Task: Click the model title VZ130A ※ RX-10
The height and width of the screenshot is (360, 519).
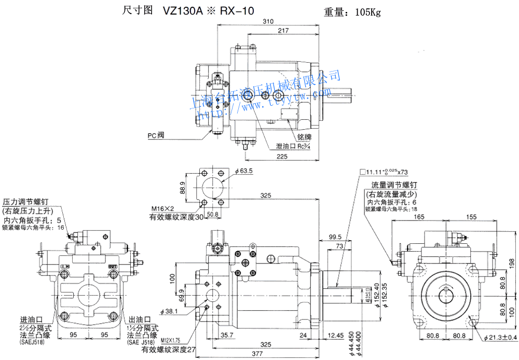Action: point(208,11)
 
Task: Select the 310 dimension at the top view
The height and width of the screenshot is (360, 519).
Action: point(268,22)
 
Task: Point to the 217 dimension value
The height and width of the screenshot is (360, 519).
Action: point(283,31)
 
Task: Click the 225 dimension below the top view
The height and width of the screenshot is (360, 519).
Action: point(282,156)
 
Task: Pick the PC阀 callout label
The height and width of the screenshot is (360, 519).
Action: point(156,135)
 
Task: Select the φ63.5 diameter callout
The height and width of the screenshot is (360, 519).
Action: point(243,171)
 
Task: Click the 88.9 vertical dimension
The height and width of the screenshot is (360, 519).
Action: point(182,188)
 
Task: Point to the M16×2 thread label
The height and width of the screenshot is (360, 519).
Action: point(162,209)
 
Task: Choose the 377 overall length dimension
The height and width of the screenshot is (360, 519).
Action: point(266,355)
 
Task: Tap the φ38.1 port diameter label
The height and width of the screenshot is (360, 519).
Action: point(169,311)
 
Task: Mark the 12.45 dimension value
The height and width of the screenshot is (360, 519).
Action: point(336,335)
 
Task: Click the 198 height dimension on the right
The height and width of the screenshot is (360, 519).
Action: point(512,263)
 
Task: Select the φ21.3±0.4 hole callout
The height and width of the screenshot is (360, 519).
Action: point(500,338)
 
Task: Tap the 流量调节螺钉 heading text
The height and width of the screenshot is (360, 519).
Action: point(395,185)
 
